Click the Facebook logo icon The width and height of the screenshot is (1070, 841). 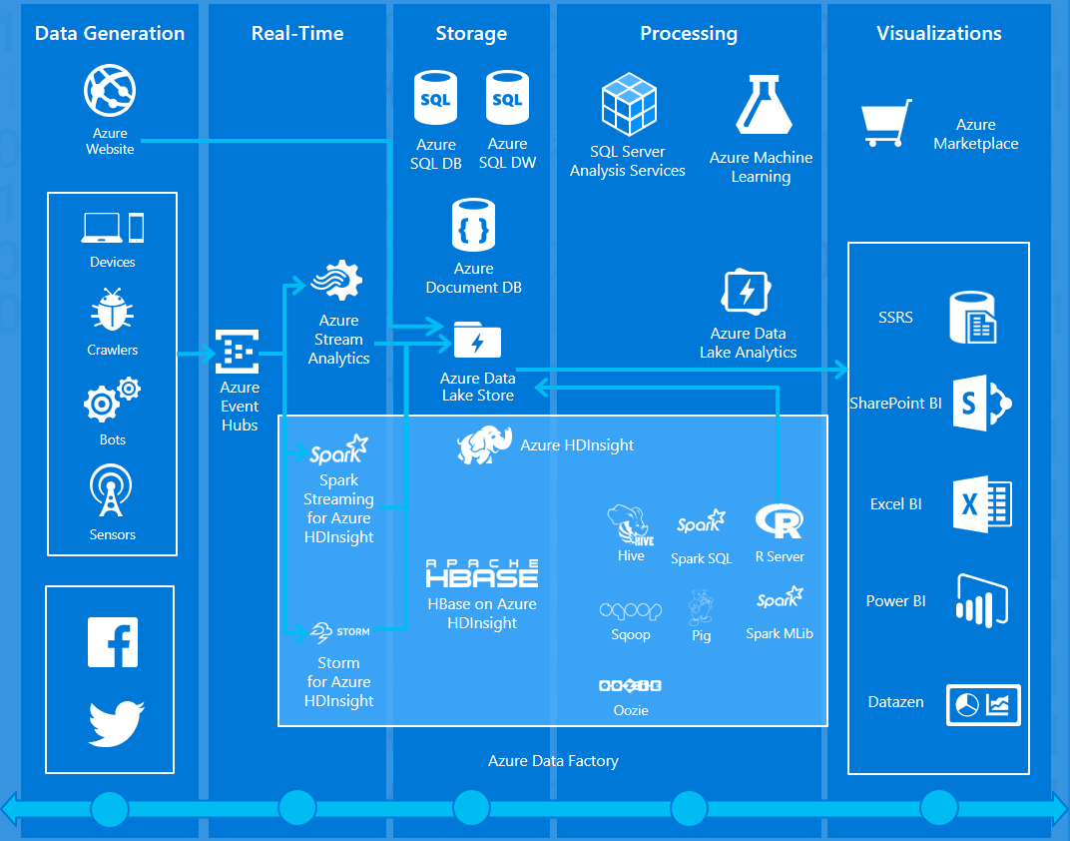113,642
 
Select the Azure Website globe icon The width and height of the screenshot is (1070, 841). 110,92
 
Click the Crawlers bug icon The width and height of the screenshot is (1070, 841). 112,312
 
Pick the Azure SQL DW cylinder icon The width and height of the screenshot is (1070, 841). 507,100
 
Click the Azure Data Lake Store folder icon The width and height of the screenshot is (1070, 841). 477,341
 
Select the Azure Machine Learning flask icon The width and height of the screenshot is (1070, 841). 763,105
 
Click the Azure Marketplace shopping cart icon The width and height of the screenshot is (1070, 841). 886,124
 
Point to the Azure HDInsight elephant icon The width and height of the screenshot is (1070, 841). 485,445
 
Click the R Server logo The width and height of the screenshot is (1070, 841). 780,521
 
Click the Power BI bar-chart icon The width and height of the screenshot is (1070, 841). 982,600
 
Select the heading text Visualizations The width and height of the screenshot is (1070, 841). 938,33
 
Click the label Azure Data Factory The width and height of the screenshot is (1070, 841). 553,761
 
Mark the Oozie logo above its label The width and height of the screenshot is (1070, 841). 630,686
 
